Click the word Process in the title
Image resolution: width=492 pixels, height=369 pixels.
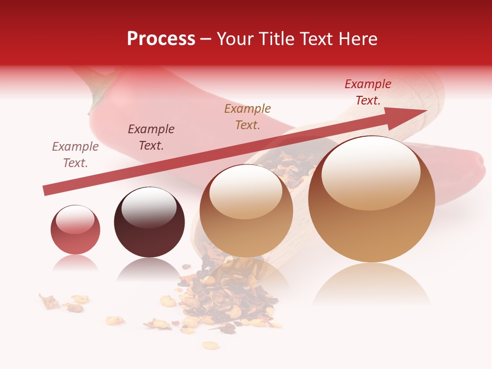[x=161, y=39]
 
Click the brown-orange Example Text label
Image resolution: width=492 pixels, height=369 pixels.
[x=248, y=117]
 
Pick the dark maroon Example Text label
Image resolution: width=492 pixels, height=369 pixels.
[x=151, y=137]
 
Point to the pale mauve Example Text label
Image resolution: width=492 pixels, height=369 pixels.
[x=75, y=155]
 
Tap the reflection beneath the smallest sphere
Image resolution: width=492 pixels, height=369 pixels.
[x=75, y=263]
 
